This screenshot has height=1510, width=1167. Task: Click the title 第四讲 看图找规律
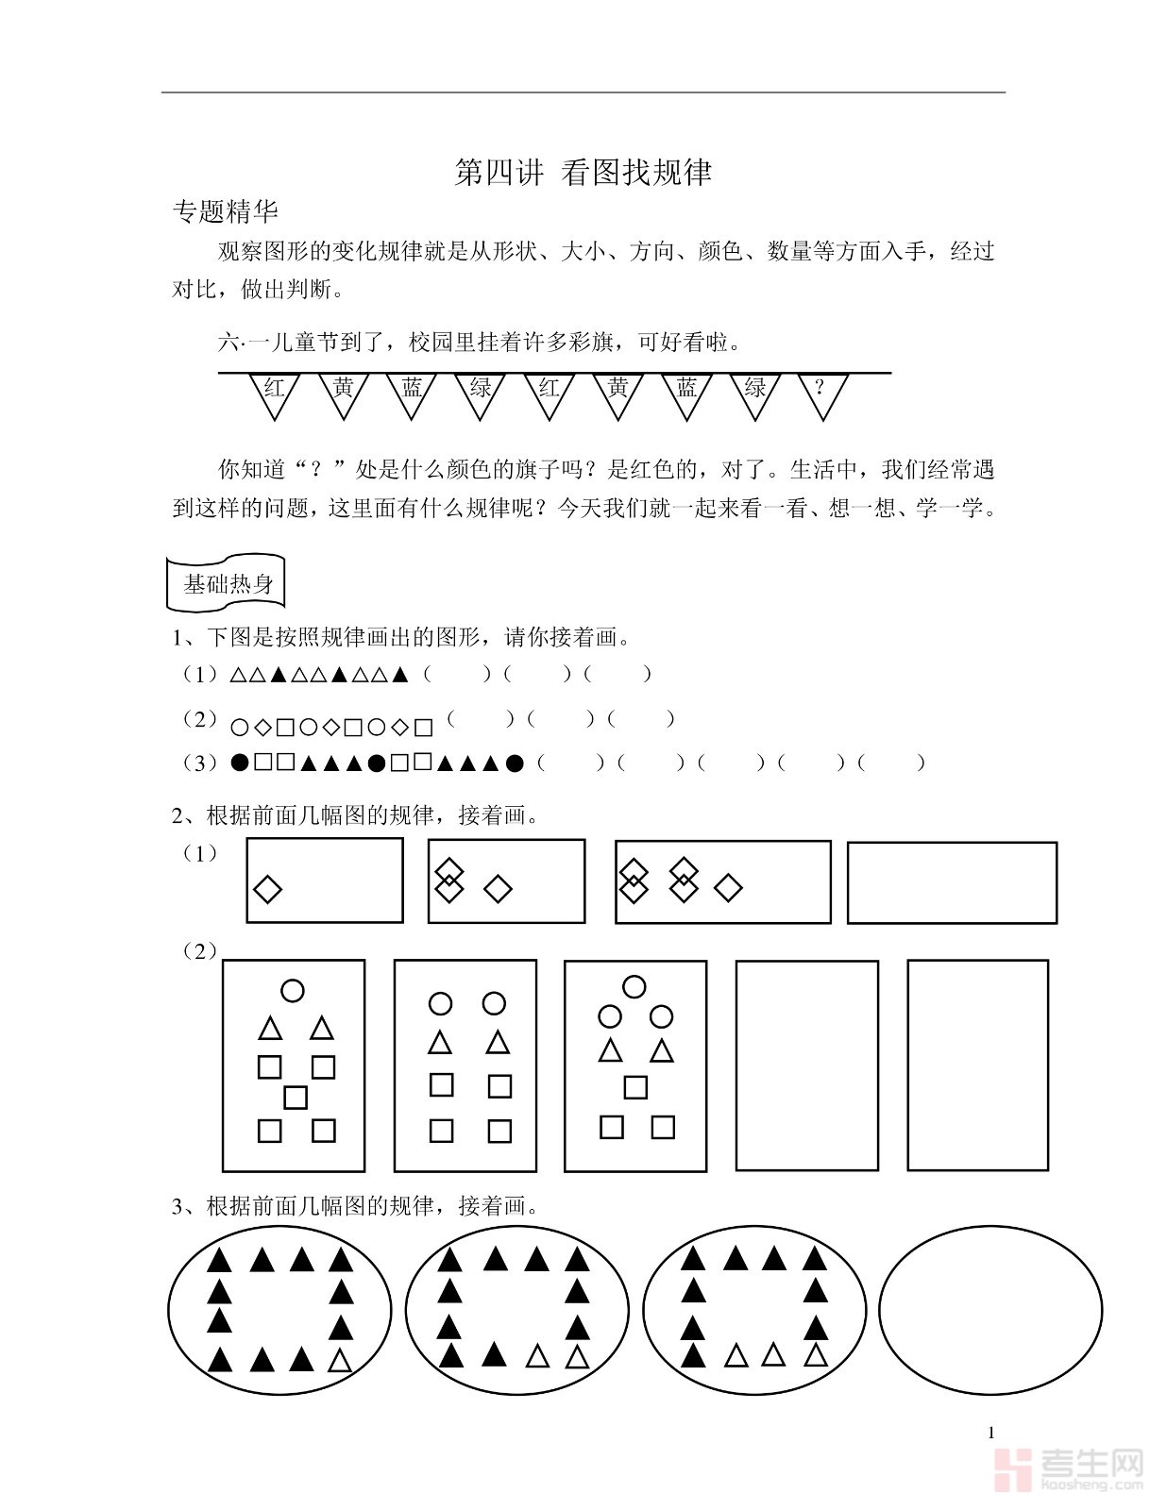pos(583,173)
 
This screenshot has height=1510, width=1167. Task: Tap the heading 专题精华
pos(225,211)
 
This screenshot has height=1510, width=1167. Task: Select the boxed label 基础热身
pos(227,583)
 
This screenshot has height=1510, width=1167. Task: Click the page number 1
pos(991,1433)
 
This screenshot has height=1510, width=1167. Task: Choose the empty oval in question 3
pos(990,1310)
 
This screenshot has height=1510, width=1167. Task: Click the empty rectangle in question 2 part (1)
pos(952,882)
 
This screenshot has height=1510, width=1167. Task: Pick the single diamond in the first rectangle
pos(268,889)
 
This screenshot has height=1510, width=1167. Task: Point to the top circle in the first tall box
pos(293,990)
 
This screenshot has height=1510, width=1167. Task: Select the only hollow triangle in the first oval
pos(340,1361)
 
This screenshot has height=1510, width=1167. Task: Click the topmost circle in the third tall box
pos(634,987)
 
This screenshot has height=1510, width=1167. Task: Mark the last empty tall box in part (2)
pos(977,1065)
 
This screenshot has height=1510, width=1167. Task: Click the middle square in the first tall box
pos(296,1098)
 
